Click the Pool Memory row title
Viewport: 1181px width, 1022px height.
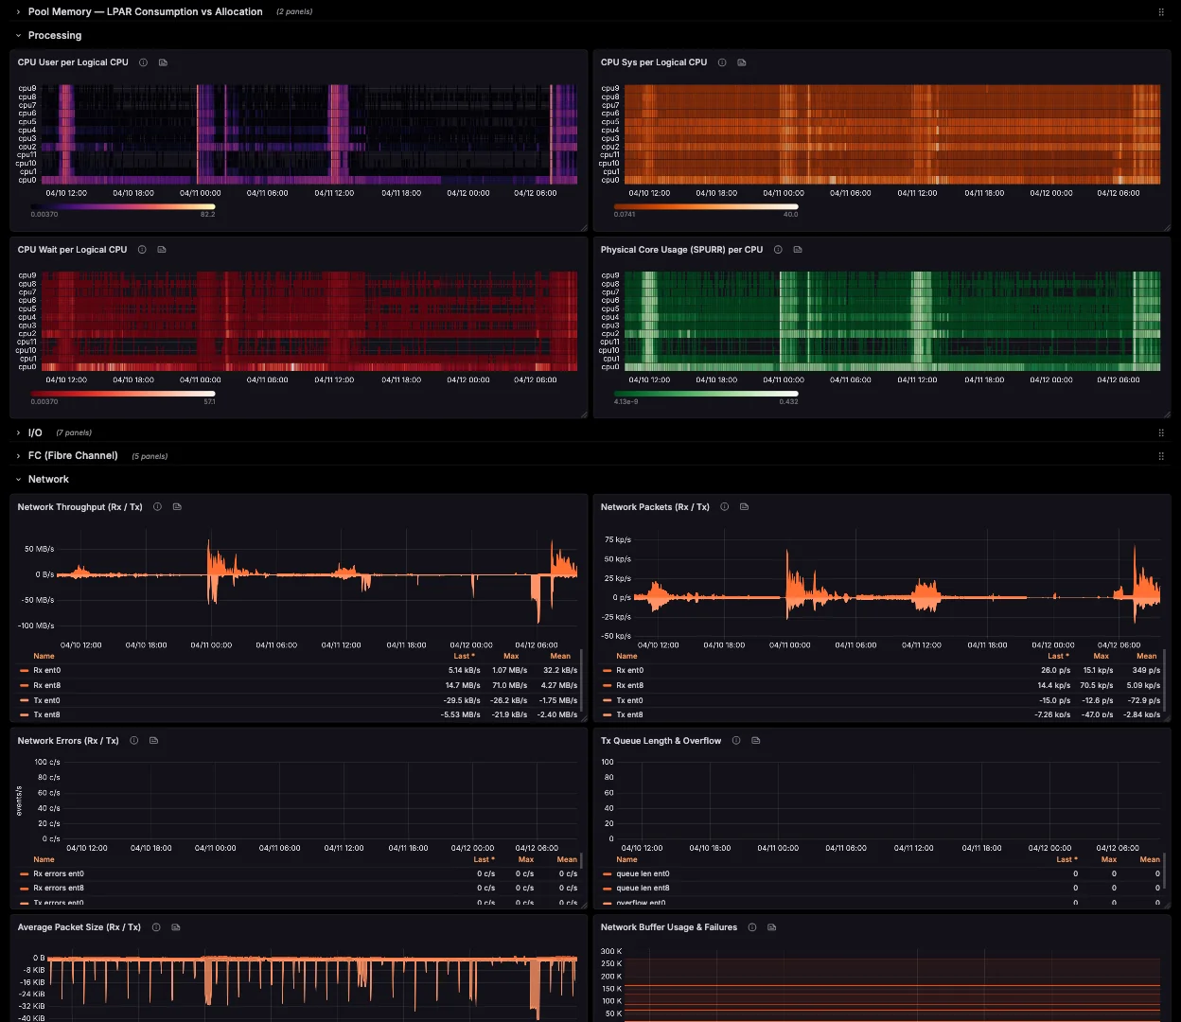point(145,12)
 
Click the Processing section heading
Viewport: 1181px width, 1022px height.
point(55,36)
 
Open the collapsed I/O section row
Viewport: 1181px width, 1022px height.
point(35,432)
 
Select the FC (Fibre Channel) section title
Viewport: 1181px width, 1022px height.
point(73,456)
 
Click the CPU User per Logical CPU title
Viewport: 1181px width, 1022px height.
point(73,62)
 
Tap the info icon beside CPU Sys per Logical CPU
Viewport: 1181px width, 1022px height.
point(722,62)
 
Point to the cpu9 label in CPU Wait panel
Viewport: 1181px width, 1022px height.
point(26,275)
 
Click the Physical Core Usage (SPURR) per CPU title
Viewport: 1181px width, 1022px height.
point(681,250)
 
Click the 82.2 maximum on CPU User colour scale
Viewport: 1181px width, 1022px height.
point(207,215)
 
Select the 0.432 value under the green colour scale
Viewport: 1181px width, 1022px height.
point(787,402)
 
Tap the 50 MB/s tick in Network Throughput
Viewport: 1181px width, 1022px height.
point(39,549)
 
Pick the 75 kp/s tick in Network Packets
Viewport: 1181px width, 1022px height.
point(617,540)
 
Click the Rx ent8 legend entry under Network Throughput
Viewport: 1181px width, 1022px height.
point(47,685)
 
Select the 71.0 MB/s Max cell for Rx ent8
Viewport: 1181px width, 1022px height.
point(509,685)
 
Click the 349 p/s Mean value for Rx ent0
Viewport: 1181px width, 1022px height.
point(1146,670)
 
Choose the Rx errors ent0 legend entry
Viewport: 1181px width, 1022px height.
point(59,874)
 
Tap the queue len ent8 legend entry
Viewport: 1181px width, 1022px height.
point(643,888)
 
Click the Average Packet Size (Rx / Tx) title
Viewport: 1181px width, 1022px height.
point(79,927)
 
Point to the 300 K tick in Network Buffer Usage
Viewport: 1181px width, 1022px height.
point(611,952)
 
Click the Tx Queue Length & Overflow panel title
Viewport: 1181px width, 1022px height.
point(661,741)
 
